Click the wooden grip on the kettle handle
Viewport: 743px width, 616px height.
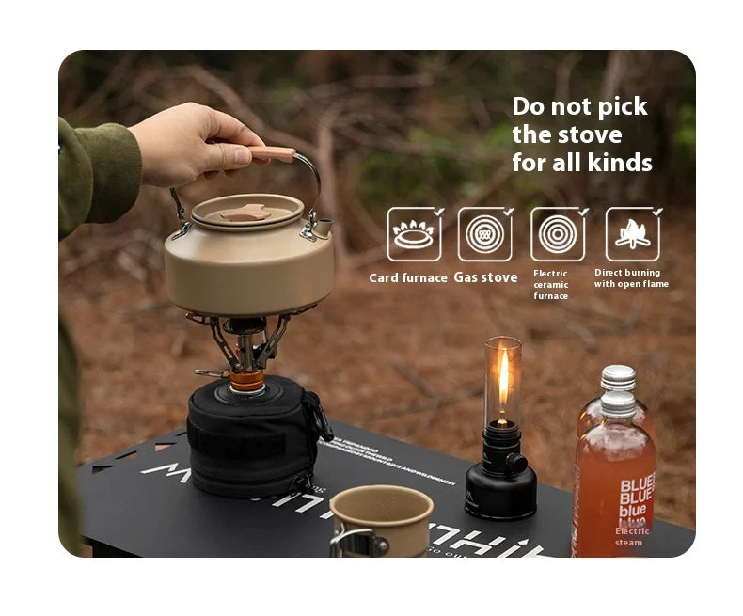(272, 153)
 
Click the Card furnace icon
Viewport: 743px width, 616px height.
(414, 234)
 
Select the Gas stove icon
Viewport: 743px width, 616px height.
(485, 234)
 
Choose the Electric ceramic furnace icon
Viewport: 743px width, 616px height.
(558, 234)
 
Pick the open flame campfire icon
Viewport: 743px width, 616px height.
(632, 234)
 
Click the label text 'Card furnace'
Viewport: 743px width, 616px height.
(407, 277)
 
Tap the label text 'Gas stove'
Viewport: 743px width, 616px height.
(485, 277)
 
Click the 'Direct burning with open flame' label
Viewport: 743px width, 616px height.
(630, 278)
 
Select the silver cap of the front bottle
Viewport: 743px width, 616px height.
(618, 403)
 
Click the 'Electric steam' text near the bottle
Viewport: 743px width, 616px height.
(631, 537)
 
